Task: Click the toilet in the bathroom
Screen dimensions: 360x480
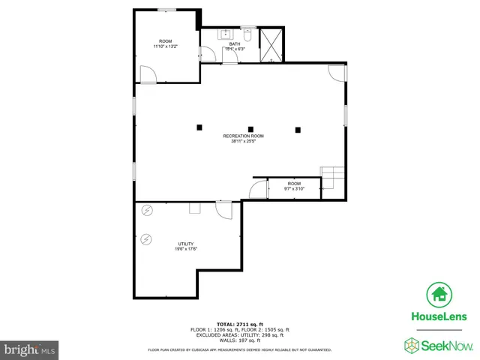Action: click(247, 34)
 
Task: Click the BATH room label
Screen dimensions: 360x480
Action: click(235, 44)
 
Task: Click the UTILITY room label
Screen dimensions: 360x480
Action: click(186, 244)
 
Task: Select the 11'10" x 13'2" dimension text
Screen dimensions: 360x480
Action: click(164, 46)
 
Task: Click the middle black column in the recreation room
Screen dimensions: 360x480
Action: click(250, 128)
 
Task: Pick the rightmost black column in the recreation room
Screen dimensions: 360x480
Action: click(298, 130)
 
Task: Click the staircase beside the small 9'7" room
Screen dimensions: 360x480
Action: click(332, 178)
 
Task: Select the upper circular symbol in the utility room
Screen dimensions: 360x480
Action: click(147, 211)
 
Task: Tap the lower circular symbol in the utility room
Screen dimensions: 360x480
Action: click(146, 240)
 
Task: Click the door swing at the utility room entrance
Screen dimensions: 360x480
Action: click(224, 210)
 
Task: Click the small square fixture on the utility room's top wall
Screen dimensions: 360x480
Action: click(195, 208)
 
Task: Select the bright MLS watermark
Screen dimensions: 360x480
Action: click(30, 350)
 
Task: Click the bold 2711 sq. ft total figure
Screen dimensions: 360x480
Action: click(250, 324)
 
